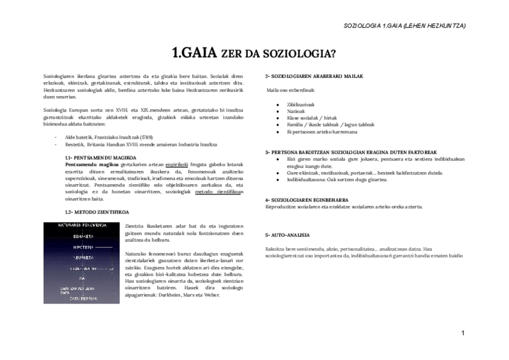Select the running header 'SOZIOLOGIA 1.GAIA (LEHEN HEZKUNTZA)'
[404, 26]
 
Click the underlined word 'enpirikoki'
[177, 163]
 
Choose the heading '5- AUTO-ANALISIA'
[288, 235]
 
